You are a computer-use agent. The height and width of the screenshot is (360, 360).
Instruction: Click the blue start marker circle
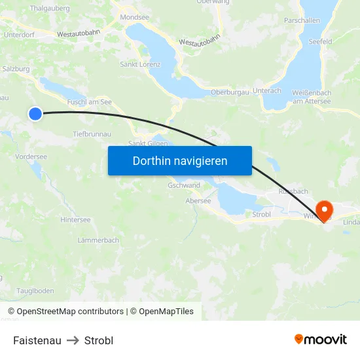35,114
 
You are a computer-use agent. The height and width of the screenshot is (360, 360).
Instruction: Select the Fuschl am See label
90,102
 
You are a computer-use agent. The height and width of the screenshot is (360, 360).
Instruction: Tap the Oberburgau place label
230,92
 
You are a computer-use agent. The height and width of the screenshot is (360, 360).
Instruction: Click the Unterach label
266,90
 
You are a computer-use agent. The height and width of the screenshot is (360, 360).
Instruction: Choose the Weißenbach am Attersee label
312,97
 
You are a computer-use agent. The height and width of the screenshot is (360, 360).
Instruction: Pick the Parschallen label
302,20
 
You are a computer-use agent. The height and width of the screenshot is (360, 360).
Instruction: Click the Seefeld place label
321,41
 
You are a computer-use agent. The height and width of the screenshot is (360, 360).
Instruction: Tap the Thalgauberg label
50,9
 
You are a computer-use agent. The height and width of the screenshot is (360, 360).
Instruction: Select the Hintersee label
75,220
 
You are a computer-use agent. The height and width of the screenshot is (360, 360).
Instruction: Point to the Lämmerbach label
98,240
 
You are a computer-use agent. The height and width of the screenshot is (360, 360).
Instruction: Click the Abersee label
198,201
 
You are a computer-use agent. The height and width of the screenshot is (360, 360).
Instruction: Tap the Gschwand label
184,185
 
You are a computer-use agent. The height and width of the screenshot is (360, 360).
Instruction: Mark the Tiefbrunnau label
92,134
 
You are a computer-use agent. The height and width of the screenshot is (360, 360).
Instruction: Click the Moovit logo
321,339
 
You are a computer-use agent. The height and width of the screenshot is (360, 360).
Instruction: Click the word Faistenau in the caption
37,340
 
